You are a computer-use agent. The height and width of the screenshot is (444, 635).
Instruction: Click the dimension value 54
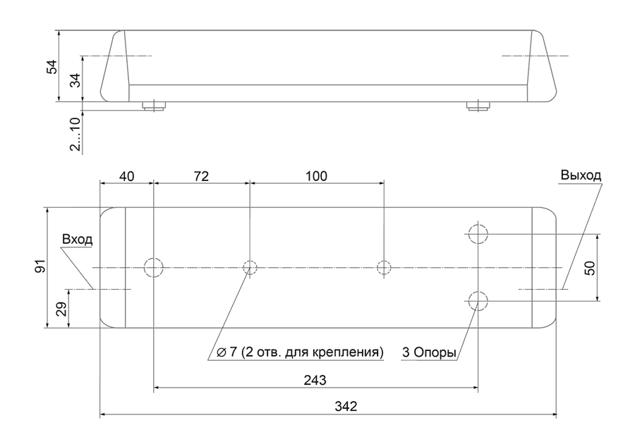pyautogui.click(x=52, y=66)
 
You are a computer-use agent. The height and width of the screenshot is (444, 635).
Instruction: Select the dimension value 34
pyautogui.click(x=75, y=80)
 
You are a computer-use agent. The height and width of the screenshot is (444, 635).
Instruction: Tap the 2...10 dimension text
pyautogui.click(x=75, y=134)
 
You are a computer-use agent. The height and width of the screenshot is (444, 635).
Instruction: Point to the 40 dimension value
pyautogui.click(x=127, y=176)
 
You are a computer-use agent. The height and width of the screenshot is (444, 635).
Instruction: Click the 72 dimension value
pyautogui.click(x=201, y=176)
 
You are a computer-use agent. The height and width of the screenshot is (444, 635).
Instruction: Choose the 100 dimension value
pyautogui.click(x=316, y=176)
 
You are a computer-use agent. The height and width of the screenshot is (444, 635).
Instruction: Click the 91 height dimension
pyautogui.click(x=40, y=267)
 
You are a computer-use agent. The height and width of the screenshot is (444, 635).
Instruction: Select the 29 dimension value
pyautogui.click(x=61, y=309)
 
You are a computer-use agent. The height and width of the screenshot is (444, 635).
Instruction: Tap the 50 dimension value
pyautogui.click(x=591, y=268)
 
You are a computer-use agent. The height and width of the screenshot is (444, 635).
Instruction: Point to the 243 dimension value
pyautogui.click(x=315, y=380)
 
